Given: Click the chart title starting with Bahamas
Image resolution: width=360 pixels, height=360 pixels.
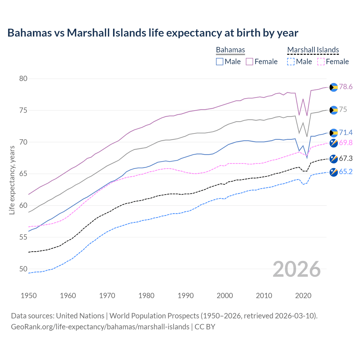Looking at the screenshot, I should pyautogui.click(x=153, y=33).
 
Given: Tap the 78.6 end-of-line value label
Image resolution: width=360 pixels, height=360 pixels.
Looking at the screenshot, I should pyautogui.click(x=346, y=87).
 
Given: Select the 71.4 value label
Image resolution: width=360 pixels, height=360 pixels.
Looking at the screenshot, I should pyautogui.click(x=346, y=133).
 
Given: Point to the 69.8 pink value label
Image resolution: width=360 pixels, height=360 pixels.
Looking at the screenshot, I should pyautogui.click(x=346, y=143).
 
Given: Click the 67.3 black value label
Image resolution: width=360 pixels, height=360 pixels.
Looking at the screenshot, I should pyautogui.click(x=346, y=159).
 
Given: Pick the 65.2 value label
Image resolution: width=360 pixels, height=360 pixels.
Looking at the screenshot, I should pyautogui.click(x=346, y=172).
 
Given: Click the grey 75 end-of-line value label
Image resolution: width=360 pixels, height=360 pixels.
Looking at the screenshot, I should pyautogui.click(x=343, y=110).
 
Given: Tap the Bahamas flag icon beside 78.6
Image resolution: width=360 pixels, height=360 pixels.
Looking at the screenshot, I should pyautogui.click(x=334, y=87).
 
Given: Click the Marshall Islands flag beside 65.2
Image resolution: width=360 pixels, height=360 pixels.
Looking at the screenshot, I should pyautogui.click(x=334, y=172).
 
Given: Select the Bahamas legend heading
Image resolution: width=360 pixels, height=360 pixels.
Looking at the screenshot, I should pyautogui.click(x=230, y=50).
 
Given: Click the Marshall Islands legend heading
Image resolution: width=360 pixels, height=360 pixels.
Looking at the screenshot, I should pyautogui.click(x=313, y=50).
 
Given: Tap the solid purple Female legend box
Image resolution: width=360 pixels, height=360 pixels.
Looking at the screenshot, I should pyautogui.click(x=249, y=62).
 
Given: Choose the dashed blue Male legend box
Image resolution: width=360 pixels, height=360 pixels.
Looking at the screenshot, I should pyautogui.click(x=291, y=62).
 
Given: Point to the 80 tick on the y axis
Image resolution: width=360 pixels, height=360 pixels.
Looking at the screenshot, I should pyautogui.click(x=23, y=79).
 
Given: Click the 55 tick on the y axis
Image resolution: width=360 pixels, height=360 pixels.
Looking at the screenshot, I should pyautogui.click(x=23, y=237).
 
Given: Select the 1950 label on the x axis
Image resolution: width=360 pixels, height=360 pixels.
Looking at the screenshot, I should pyautogui.click(x=29, y=296).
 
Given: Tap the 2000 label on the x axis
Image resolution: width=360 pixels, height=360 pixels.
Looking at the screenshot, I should pyautogui.click(x=225, y=296).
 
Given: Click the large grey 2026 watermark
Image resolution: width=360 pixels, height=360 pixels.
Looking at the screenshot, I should pyautogui.click(x=297, y=269).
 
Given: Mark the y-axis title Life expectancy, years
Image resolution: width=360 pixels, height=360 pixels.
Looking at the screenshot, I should pyautogui.click(x=12, y=180).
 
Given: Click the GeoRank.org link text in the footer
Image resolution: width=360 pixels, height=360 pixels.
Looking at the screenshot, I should pyautogui.click(x=100, y=327).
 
